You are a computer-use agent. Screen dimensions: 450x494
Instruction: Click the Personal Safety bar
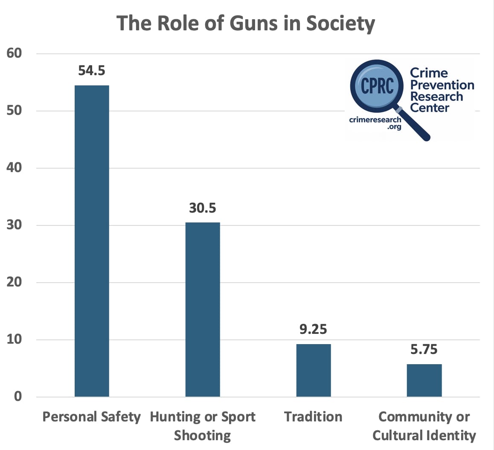click(92, 241)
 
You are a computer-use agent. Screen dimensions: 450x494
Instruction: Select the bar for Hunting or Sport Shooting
click(203, 310)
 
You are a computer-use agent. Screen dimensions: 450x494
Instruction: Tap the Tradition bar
click(314, 370)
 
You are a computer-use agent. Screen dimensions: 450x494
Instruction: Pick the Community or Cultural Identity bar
click(424, 380)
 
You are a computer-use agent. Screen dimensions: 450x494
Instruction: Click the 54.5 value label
click(91, 70)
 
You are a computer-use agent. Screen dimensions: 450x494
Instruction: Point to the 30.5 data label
click(203, 208)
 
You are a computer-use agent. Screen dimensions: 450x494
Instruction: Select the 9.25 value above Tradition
click(313, 329)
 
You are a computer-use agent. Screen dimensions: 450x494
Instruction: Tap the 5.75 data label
click(424, 350)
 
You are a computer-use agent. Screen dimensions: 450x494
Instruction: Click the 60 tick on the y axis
click(14, 53)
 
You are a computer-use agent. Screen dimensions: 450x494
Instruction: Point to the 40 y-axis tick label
click(14, 168)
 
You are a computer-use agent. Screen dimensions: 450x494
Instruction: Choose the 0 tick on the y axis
click(17, 397)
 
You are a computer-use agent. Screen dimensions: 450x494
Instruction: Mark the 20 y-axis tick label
click(14, 282)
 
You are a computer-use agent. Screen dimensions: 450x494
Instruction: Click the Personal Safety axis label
click(91, 417)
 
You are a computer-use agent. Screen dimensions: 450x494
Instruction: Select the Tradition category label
click(313, 417)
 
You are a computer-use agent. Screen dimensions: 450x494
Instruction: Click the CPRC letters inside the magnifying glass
click(377, 86)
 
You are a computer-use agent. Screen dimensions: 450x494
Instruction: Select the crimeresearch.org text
click(375, 123)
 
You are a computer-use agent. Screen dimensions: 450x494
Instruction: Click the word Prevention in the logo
click(442, 85)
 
